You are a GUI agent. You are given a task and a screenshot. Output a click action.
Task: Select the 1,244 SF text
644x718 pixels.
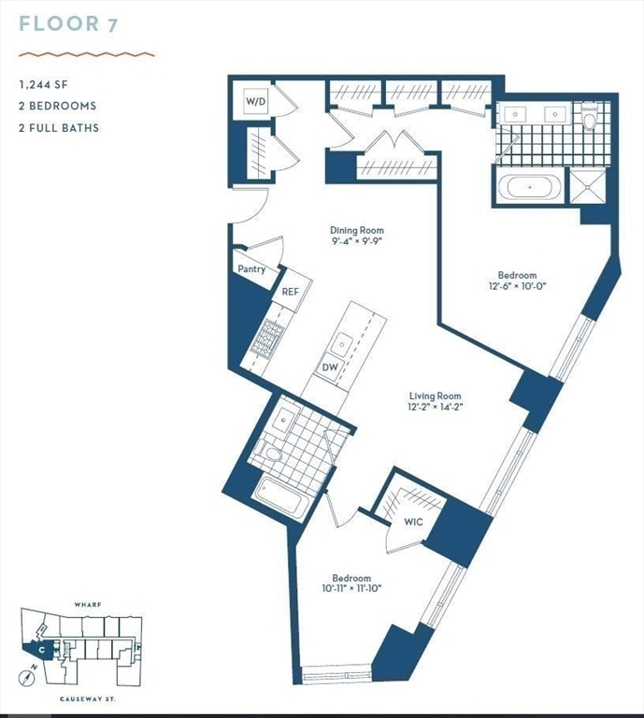click(44, 84)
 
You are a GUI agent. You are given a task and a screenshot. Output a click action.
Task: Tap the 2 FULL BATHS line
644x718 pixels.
click(58, 127)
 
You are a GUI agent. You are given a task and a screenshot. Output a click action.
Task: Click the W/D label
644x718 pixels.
click(256, 100)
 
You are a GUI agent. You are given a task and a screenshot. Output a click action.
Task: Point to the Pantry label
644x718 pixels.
click(250, 269)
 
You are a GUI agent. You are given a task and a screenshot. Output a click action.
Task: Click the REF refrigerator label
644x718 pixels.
click(291, 292)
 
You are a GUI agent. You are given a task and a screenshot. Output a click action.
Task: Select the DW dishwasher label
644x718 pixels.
click(330, 367)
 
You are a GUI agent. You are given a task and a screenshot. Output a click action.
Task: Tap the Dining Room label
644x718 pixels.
click(356, 230)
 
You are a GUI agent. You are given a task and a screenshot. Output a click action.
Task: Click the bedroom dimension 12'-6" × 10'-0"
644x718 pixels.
click(517, 287)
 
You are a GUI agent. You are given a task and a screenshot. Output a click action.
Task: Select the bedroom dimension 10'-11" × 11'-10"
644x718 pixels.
click(351, 590)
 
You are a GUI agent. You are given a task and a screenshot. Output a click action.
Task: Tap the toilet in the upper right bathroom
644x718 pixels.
click(589, 121)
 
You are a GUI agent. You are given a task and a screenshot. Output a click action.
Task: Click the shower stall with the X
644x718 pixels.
click(589, 185)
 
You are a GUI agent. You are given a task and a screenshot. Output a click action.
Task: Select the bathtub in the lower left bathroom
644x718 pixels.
click(281, 498)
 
